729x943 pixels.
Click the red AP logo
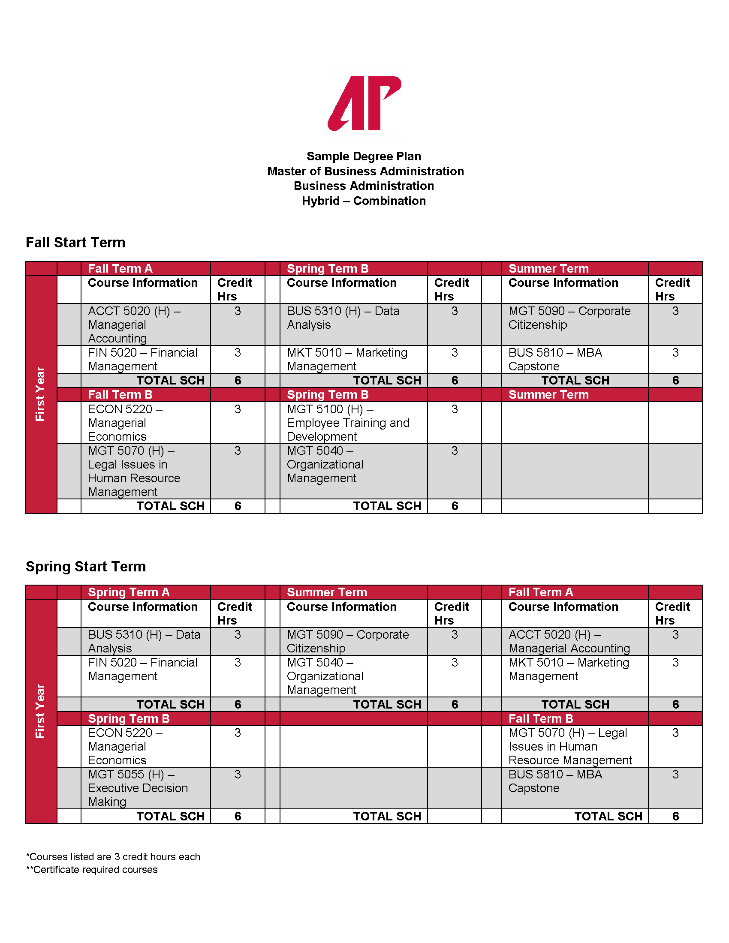364,104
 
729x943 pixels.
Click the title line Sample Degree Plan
364,156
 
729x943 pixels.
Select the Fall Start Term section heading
75,243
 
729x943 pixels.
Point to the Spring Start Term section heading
86,567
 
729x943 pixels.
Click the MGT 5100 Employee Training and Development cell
348,423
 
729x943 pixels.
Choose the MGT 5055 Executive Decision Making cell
138,788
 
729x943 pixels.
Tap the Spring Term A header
129,592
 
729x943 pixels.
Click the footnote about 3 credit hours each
113,857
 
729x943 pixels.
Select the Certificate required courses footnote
92,870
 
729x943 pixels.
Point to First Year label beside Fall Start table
41,394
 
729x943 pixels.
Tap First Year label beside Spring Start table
41,711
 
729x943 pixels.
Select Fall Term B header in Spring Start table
541,718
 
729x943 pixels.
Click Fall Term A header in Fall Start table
120,269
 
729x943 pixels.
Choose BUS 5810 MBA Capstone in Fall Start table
555,359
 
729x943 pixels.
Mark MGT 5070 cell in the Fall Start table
134,471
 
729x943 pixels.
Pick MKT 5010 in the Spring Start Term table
568,669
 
